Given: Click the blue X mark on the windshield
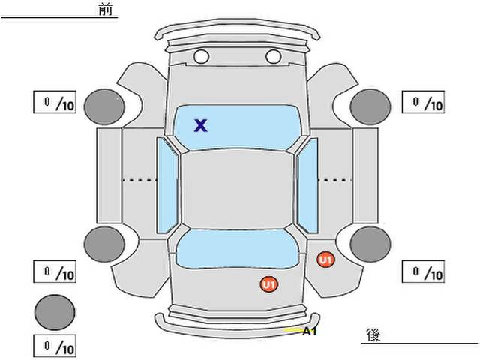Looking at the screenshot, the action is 200,125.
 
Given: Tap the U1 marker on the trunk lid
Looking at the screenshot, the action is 269,284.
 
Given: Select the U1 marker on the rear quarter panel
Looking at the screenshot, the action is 325,259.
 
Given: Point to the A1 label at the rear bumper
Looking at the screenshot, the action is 310,331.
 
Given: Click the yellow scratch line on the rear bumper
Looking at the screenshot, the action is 293,330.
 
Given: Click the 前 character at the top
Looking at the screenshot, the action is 106,10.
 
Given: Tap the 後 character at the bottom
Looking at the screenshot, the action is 373,334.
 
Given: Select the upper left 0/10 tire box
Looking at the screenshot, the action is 55,102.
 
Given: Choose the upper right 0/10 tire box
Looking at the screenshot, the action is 423,102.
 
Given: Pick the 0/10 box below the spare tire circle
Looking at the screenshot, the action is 55,346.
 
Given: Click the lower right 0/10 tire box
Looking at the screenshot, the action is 423,271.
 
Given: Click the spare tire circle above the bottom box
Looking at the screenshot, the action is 55,312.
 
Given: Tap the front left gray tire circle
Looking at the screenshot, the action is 104,106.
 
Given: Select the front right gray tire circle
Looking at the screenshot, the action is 370,106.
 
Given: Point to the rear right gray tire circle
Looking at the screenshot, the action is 370,244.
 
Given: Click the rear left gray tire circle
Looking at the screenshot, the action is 104,244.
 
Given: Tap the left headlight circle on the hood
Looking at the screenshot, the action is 201,57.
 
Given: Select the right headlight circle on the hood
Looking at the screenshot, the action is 273,57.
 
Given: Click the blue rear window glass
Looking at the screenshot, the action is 238,248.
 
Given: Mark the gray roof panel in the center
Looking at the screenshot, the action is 237,189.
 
